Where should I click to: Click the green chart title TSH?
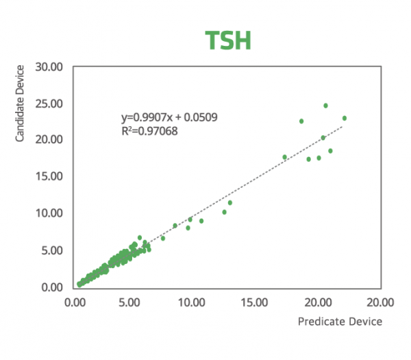[228, 40]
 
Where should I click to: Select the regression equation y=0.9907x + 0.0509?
[169, 117]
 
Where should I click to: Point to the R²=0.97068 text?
[149, 131]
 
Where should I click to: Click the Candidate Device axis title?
[20, 104]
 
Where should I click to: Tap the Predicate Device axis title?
[340, 322]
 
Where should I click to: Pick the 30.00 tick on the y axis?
[49, 67]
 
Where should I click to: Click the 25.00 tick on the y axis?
[49, 104]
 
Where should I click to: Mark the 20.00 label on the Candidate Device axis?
[49, 139]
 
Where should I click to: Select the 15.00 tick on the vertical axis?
[49, 176]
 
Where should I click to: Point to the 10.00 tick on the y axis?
[49, 213]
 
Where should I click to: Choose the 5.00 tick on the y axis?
[52, 250]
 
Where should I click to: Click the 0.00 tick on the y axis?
[52, 287]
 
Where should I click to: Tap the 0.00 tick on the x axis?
[75, 302]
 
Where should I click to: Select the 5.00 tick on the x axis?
[129, 302]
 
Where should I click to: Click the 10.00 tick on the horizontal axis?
[192, 302]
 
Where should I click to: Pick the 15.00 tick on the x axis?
[254, 302]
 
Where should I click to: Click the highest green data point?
[325, 106]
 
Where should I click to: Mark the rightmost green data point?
[345, 119]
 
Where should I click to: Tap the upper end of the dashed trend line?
[342, 126]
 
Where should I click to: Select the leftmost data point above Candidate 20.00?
[301, 121]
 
